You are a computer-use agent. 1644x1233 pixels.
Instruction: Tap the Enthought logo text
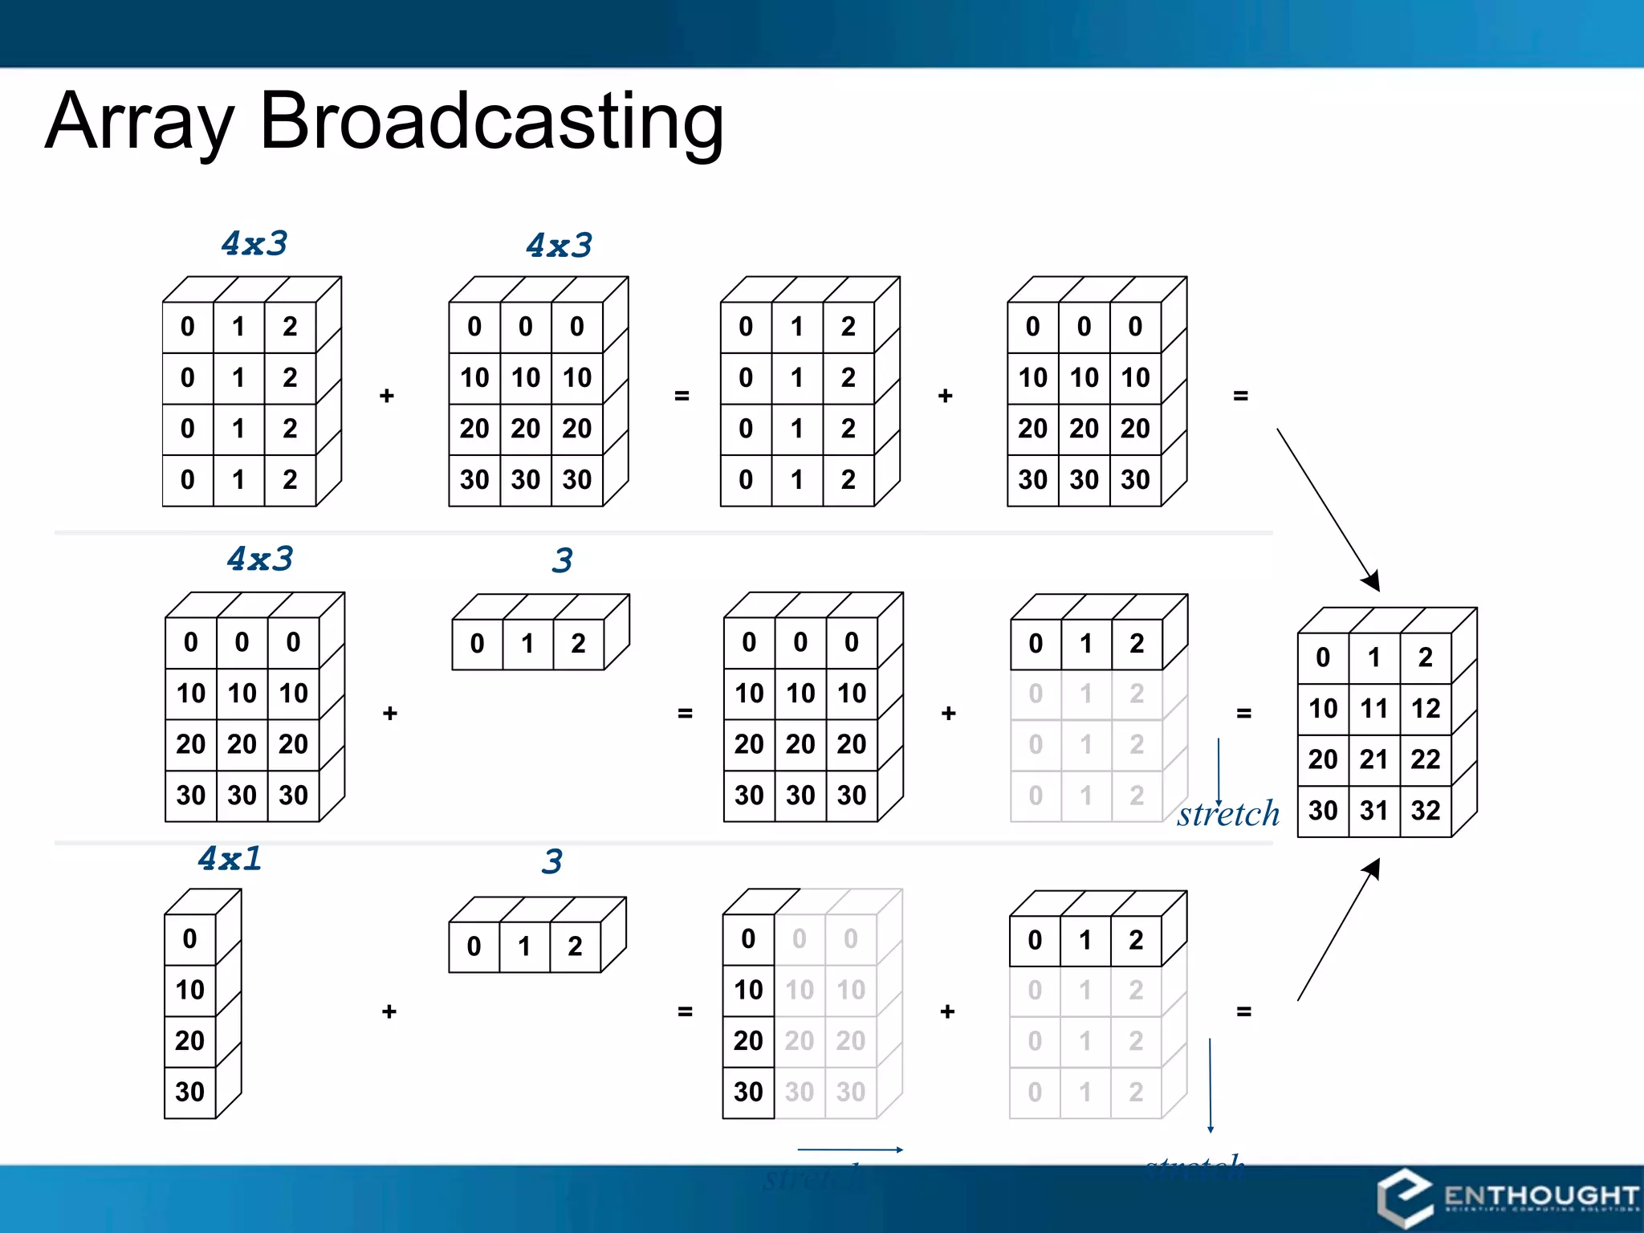coord(1540,1195)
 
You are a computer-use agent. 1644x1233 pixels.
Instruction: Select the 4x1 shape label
coord(230,858)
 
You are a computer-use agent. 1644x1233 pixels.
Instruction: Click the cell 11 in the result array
coord(1373,708)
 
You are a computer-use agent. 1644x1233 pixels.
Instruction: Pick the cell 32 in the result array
coord(1425,810)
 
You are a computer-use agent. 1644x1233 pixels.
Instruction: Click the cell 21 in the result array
coord(1373,759)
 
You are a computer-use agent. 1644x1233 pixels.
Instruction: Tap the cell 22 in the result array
coord(1425,759)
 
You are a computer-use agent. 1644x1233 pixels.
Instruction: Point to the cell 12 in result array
coord(1425,708)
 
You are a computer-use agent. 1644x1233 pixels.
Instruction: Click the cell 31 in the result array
coord(1373,810)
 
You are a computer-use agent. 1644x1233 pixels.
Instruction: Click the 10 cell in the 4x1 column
coord(189,989)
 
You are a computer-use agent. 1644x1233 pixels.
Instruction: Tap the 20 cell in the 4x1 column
coord(189,1040)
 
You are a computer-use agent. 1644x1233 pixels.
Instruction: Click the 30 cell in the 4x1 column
coord(189,1092)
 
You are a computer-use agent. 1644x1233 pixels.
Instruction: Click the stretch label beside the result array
coord(1228,814)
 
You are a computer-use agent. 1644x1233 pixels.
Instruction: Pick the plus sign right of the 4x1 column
coord(389,1011)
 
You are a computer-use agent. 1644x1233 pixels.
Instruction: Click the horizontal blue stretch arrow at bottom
coord(850,1150)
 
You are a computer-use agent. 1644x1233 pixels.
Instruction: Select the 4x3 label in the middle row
coord(260,558)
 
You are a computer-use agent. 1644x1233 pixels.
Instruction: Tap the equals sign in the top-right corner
coord(1240,396)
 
